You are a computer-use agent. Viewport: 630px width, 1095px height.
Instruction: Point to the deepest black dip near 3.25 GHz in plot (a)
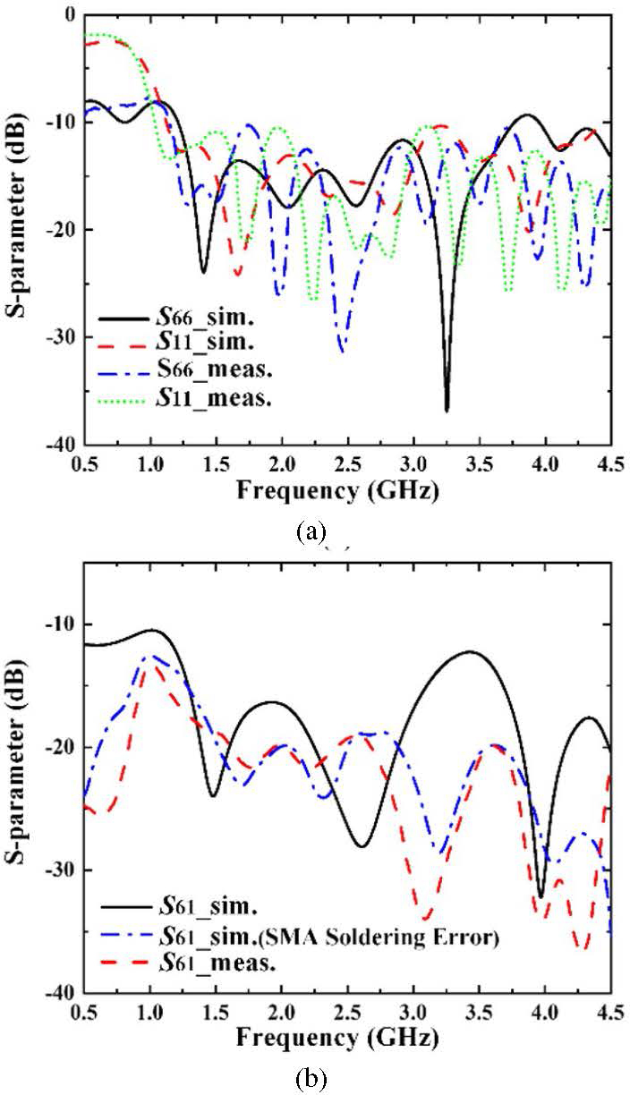447,410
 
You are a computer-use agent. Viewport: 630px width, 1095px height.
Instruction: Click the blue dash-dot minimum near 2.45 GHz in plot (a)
342,352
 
